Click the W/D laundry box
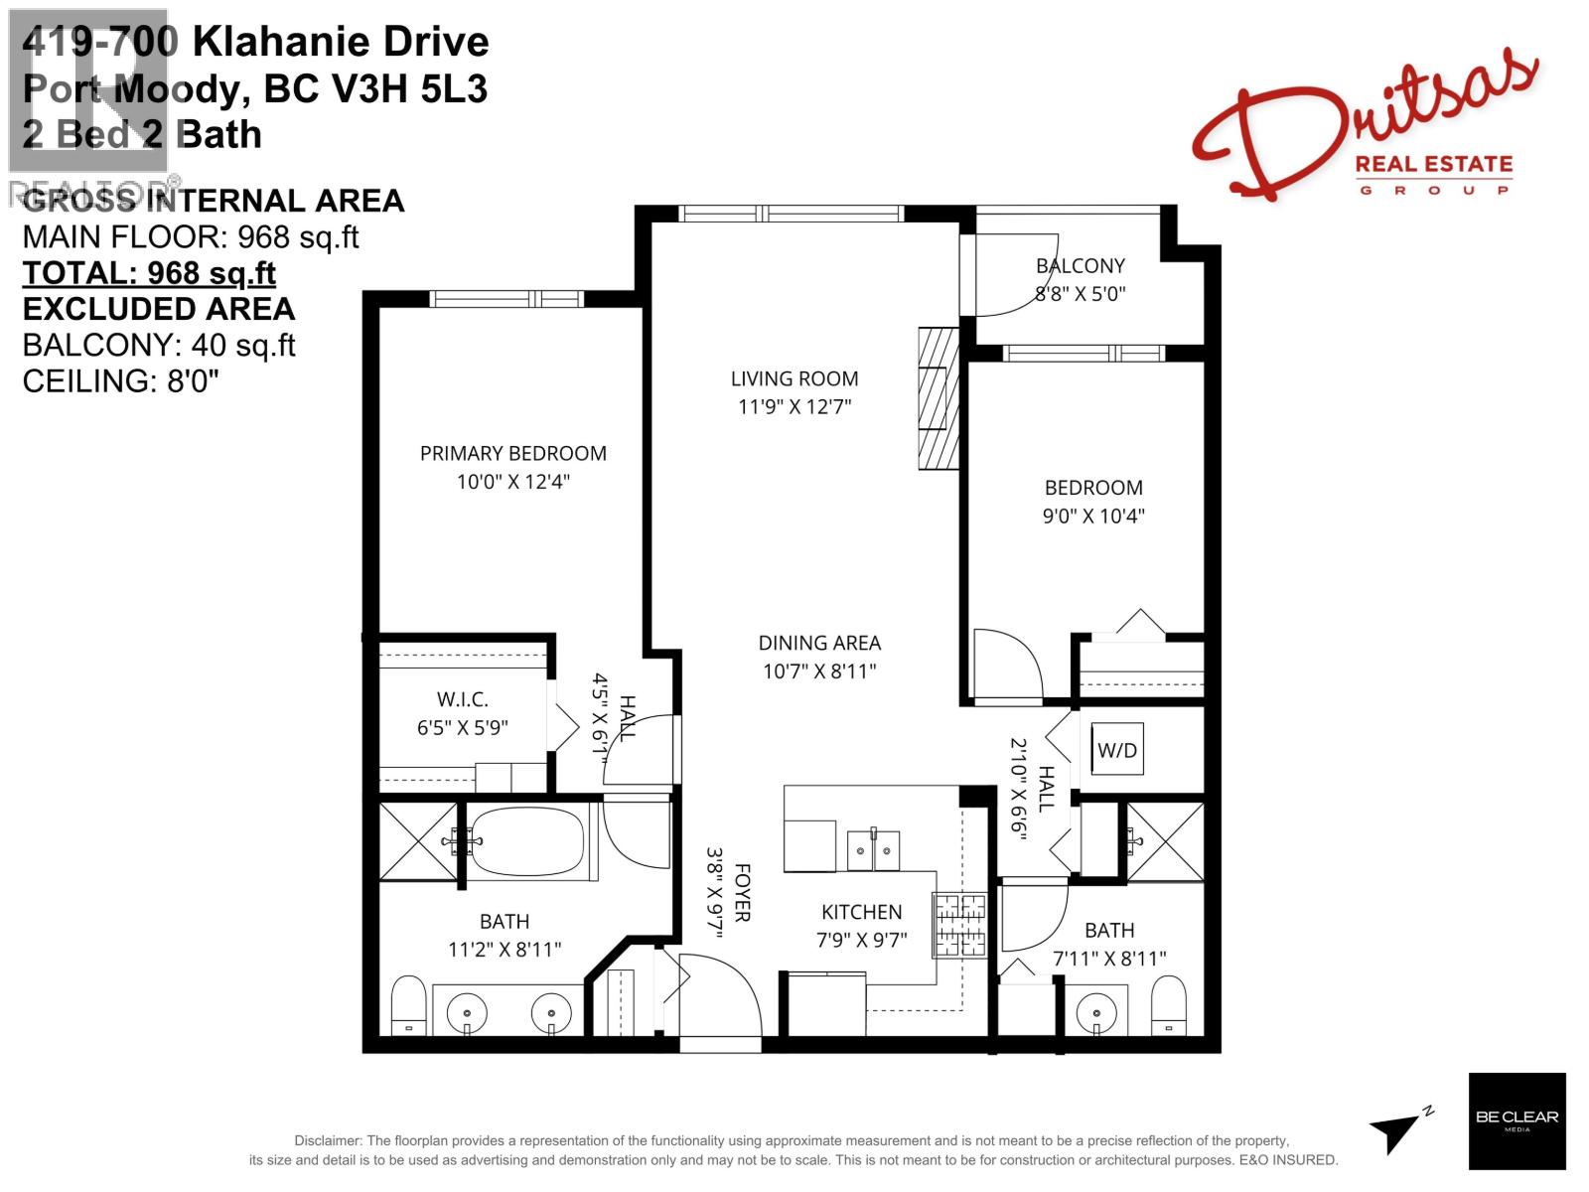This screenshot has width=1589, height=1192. click(x=1117, y=750)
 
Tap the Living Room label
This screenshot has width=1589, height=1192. click(x=794, y=378)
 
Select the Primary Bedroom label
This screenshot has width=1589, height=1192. click(x=512, y=454)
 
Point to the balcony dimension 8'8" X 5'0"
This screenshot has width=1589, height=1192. click(x=1080, y=294)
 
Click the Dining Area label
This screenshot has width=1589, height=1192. click(x=819, y=643)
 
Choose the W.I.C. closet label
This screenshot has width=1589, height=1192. click(x=462, y=699)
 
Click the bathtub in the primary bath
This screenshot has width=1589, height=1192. click(x=527, y=842)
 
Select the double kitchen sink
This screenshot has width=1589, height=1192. click(x=873, y=849)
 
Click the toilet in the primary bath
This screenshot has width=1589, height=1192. click(x=408, y=1005)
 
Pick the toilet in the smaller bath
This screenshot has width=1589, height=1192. click(x=1169, y=1004)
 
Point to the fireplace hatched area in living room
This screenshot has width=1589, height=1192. click(x=937, y=397)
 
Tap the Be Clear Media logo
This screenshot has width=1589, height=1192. click(x=1517, y=1121)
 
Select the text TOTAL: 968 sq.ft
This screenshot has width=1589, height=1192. click(x=149, y=273)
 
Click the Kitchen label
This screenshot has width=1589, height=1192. click(x=861, y=912)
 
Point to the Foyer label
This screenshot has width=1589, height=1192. click(x=742, y=892)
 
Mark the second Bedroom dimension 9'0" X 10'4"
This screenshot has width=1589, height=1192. click(x=1092, y=516)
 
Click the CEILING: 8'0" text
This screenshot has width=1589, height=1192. click(x=120, y=380)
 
